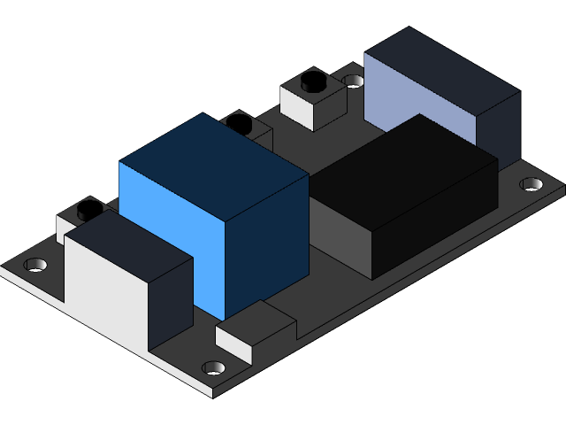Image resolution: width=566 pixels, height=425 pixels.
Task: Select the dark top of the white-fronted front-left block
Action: (128, 243)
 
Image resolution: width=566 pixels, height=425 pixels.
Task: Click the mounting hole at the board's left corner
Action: (36, 265)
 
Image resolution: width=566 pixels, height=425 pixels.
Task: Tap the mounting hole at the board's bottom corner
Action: (213, 367)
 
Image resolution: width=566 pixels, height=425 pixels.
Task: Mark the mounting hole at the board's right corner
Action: (532, 184)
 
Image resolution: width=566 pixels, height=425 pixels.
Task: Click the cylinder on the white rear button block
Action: (313, 82)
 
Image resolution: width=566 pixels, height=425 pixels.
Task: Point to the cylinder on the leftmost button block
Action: (89, 210)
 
